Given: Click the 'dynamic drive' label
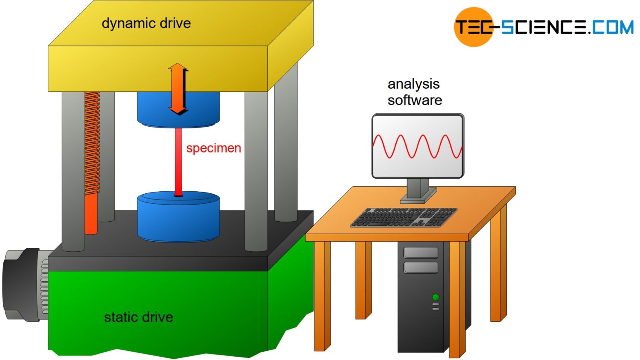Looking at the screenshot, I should [x=146, y=23].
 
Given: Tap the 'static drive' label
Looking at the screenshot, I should [x=138, y=317].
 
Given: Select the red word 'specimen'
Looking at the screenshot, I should [x=213, y=148].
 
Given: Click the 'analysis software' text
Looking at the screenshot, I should [x=414, y=92].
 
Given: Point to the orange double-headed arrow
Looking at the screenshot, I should [x=178, y=89].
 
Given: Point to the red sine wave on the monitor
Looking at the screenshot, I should [x=417, y=146].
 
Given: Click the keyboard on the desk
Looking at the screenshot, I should [x=403, y=217].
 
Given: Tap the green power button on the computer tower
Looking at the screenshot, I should [x=435, y=297].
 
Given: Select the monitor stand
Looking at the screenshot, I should [x=417, y=191].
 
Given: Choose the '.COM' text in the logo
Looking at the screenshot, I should [x=611, y=27].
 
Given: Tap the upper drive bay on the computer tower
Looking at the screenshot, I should [x=421, y=252].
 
